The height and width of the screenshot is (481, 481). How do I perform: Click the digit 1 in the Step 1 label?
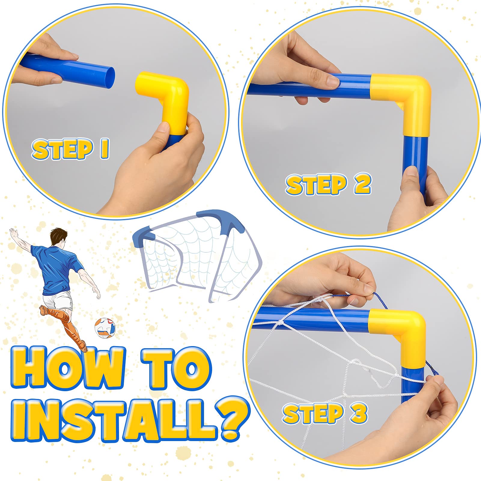pos(104,149)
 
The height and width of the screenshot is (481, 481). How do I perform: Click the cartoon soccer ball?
pos(105,328)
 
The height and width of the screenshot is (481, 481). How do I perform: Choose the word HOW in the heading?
pos(68,368)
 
